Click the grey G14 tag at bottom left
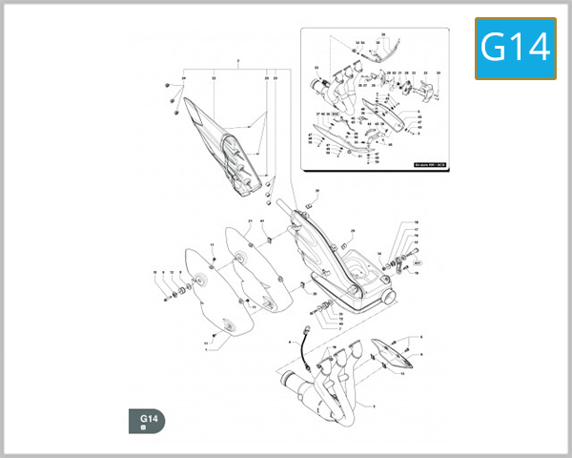[147, 421]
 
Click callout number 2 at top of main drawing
[238, 61]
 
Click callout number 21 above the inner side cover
[249, 221]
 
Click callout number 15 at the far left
[155, 274]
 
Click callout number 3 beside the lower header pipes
[374, 407]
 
